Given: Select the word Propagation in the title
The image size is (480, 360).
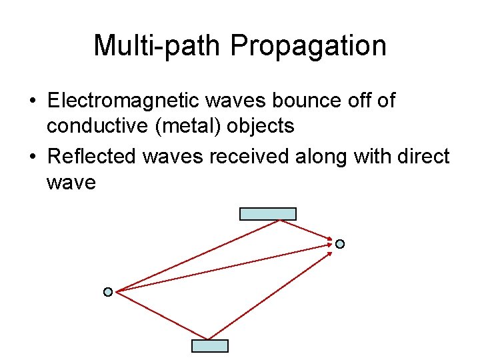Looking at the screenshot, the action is tap(308, 46).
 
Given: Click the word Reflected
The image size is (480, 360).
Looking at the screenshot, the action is tap(93, 156).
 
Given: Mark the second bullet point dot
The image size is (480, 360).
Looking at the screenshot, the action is tap(31, 157).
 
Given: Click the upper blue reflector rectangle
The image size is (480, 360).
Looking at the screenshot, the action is tap(267, 214).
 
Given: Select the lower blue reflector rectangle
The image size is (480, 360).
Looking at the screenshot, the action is tap(210, 345).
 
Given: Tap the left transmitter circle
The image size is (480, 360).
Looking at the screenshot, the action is tap(108, 292).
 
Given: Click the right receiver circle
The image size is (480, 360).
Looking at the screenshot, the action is tap(340, 244).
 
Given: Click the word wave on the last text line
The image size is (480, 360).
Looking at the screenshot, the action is tap(71, 181).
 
